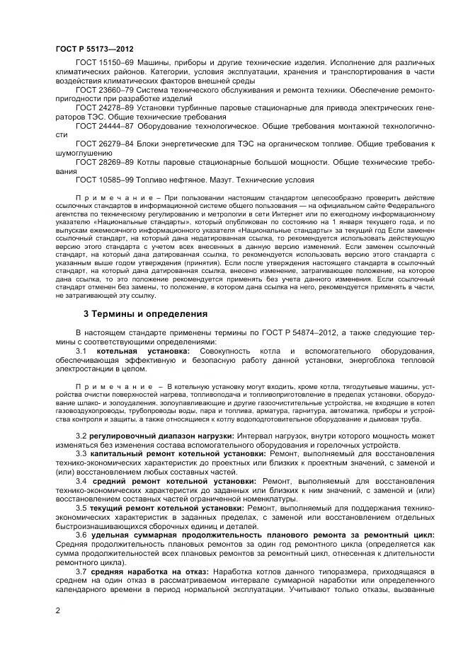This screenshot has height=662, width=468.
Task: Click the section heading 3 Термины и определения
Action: coord(145,313)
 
